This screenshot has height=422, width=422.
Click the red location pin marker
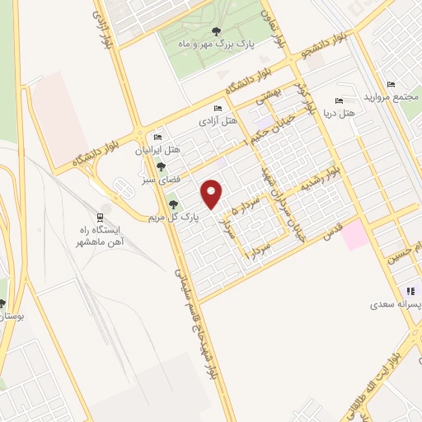213,194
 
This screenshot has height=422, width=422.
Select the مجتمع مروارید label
392,98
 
